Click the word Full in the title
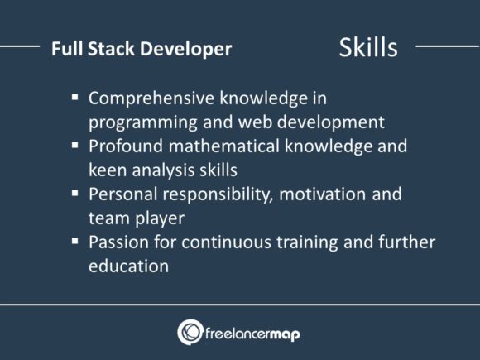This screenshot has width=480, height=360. [64, 49]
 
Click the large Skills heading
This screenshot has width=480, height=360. [367, 47]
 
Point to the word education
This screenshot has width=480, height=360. [129, 266]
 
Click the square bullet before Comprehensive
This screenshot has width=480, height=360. [74, 97]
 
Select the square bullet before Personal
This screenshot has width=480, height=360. [74, 194]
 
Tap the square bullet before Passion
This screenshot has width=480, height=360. [74, 242]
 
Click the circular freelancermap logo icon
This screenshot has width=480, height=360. [190, 332]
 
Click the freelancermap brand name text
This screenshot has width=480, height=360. [255, 333]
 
